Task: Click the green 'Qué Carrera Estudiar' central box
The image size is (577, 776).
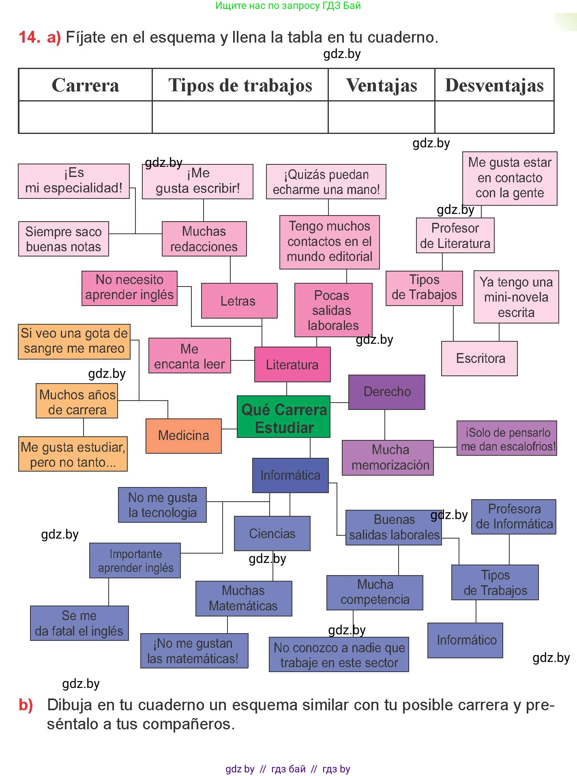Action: (283, 416)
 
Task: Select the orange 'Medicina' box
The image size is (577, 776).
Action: (184, 435)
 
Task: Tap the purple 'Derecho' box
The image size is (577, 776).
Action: (387, 392)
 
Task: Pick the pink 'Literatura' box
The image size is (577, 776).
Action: (292, 364)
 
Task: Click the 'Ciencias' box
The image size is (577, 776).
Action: (272, 533)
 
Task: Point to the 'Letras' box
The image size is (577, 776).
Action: (239, 301)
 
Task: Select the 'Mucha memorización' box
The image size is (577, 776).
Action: (388, 457)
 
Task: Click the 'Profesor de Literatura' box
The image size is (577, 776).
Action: (455, 235)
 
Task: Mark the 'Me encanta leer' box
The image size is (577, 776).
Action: (189, 356)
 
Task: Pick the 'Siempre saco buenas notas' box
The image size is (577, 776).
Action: (64, 239)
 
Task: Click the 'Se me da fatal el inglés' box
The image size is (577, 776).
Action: (79, 623)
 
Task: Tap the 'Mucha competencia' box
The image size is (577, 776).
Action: (375, 592)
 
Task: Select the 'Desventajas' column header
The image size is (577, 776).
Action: (494, 85)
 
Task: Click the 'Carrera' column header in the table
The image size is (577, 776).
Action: (85, 85)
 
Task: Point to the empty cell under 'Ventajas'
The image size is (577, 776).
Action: (381, 117)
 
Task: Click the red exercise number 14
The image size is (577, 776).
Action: (29, 37)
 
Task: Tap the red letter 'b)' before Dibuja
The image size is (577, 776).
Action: (26, 705)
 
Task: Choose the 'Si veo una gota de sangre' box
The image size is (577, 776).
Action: (74, 341)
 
